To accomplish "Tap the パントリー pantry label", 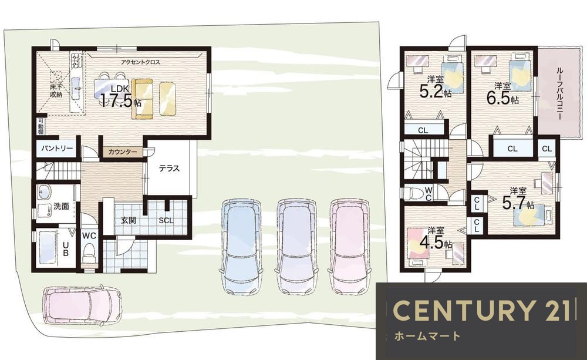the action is pos(57,149).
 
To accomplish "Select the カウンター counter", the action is pos(123,152).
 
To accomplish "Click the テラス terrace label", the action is pos(169,169).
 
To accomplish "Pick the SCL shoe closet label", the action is pos(166,221).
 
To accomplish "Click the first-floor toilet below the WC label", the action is pos(89,254).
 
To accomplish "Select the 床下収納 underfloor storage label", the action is pos(56,90).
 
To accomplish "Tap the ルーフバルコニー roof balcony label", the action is pos(559,93).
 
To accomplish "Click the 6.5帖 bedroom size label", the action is pos(502,97).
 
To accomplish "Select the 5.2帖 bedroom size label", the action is pos(436,91).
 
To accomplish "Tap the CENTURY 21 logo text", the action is pos(482,311).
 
